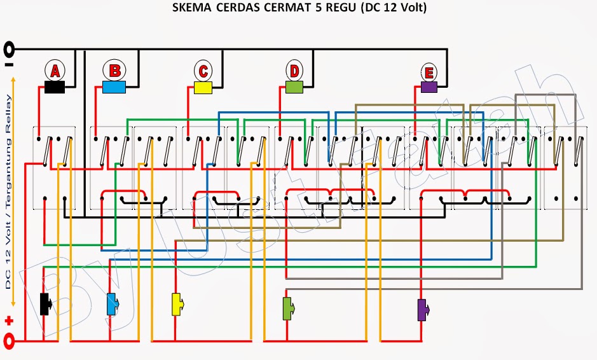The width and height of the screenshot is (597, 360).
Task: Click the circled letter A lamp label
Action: [55, 71]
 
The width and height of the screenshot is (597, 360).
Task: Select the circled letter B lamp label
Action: [114, 71]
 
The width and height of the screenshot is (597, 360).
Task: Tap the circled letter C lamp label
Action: [203, 71]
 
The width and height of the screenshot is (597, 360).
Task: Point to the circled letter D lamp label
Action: [294, 71]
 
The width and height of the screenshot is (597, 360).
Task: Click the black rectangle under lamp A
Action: [55, 87]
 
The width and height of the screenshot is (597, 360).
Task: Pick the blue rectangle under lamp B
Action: [114, 87]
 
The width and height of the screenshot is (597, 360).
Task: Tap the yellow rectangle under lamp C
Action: [203, 88]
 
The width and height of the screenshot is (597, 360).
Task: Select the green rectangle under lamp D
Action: [294, 87]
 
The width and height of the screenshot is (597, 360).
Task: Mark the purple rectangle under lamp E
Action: [429, 87]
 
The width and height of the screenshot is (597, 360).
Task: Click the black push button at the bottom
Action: [46, 304]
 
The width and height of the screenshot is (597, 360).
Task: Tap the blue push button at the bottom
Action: [113, 304]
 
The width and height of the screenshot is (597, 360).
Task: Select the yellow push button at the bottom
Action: [177, 305]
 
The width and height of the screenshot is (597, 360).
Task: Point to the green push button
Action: [288, 308]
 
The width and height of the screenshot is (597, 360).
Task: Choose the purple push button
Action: [423, 310]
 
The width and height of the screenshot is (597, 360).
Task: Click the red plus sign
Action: [9, 321]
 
